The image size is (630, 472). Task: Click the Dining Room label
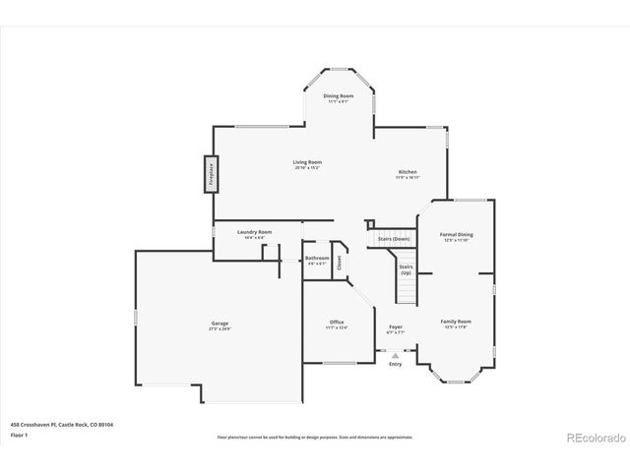tap(338, 96)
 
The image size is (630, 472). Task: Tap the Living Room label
tap(307, 163)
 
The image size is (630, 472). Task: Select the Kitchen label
tap(408, 173)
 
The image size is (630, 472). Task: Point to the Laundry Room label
tap(254, 233)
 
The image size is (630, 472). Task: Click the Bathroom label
tap(317, 260)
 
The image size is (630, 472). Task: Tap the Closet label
tap(340, 262)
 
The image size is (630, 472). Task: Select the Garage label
tap(220, 324)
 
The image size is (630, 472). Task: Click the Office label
tap(337, 324)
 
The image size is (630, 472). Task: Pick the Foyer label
tap(396, 328)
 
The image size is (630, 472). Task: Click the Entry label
tap(396, 364)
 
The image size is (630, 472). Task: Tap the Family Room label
tap(456, 323)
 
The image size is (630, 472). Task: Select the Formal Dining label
tap(459, 236)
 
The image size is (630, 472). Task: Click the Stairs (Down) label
tap(394, 239)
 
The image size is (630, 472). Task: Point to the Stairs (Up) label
tap(405, 267)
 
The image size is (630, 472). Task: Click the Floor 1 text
tap(19, 434)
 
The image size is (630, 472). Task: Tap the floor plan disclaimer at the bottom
tap(315, 437)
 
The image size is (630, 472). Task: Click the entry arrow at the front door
tap(396, 355)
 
